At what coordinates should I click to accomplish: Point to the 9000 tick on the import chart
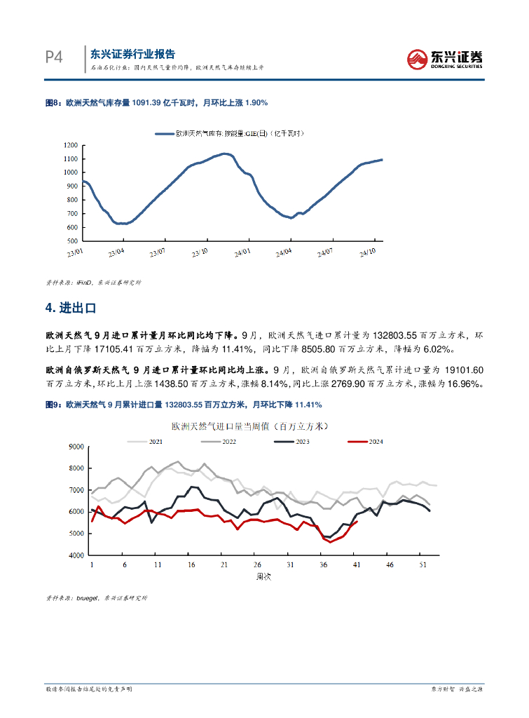click(76, 447)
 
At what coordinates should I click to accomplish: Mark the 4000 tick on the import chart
click(76, 555)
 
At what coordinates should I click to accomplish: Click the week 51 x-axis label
click(422, 564)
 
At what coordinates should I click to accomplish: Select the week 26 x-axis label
click(257, 564)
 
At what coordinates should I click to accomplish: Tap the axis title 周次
click(263, 576)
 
